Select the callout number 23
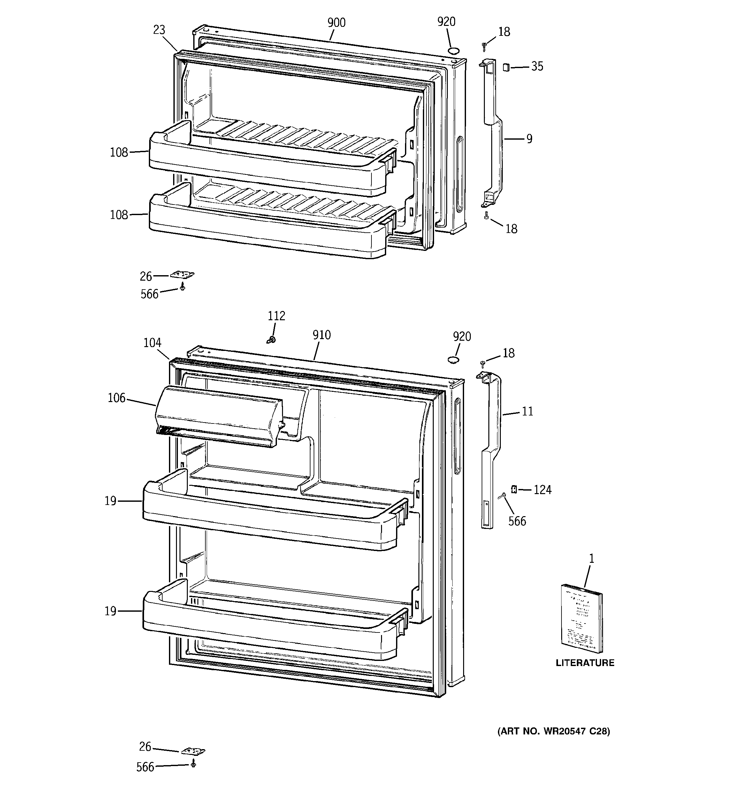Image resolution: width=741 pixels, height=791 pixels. (159, 30)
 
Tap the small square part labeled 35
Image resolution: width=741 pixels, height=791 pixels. (506, 67)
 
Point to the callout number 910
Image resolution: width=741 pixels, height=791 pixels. (321, 335)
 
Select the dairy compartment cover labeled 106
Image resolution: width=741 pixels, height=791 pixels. (219, 416)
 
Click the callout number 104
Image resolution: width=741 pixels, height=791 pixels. (152, 343)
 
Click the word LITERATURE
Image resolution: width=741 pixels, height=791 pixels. (585, 663)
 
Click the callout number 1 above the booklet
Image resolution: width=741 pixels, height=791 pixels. (592, 559)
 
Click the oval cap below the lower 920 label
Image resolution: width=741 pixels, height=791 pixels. (453, 360)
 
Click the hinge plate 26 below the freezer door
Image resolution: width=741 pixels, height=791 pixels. (182, 275)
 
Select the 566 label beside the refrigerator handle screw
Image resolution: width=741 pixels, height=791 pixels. (517, 521)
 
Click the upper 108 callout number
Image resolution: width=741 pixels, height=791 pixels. (119, 152)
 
